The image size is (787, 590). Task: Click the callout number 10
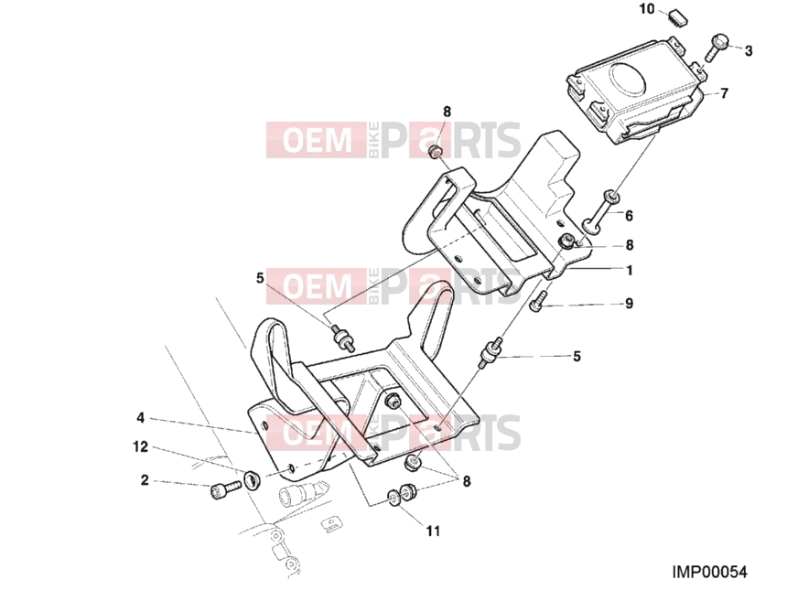pos(647,9)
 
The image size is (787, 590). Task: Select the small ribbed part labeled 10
pos(677,18)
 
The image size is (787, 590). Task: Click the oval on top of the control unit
pos(628,77)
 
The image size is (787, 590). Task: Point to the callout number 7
pos(724,93)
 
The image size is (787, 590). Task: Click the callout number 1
pos(630,270)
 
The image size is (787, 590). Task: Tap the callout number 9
pos(629,304)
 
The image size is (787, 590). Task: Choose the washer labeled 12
pos(251,480)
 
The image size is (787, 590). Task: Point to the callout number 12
pos(141,446)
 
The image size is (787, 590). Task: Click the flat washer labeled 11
pos(394,499)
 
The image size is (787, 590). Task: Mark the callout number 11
pos(433,531)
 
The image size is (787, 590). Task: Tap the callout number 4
pos(141,418)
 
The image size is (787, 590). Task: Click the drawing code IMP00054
pos(710,572)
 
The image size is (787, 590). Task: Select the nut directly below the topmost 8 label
pos(435,151)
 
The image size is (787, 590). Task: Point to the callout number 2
pos(145,480)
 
